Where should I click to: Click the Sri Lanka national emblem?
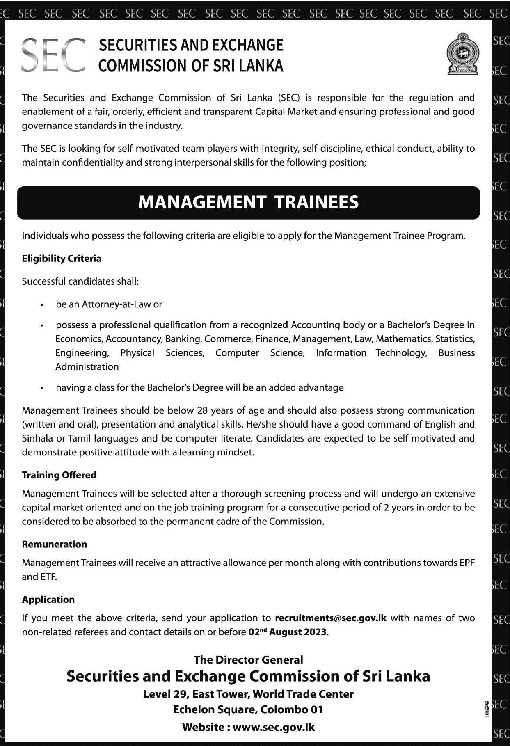click(462, 54)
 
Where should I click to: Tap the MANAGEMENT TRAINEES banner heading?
click(248, 202)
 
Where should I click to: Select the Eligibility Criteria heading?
click(62, 259)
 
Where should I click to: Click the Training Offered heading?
click(59, 475)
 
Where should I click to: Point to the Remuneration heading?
click(54, 545)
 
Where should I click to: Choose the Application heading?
click(48, 600)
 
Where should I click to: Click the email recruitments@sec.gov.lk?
click(331, 618)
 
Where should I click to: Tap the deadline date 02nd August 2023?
click(288, 632)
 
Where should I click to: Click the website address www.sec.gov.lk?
click(273, 728)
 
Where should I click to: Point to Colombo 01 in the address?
click(292, 709)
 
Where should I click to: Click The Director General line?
click(248, 660)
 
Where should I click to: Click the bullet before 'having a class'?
click(42, 388)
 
